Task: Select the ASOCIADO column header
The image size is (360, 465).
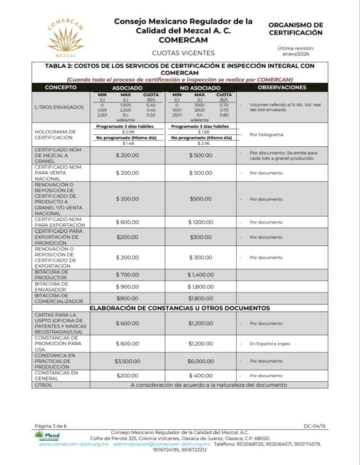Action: coord(127,88)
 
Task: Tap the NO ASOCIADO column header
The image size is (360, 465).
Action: coord(200,88)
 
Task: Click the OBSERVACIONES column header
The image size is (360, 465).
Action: coord(282,87)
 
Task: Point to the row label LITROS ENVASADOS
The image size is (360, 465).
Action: coord(60,108)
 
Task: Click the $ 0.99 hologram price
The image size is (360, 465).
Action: coord(128,132)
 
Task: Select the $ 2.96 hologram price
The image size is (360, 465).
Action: coord(200,143)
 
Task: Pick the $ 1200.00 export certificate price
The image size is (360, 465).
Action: coord(200,222)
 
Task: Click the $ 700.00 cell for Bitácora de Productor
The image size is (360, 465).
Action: coord(127,275)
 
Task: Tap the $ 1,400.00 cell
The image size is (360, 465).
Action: coord(200,275)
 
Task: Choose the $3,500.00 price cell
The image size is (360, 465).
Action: coord(127,361)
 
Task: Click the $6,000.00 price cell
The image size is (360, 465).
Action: coord(200,361)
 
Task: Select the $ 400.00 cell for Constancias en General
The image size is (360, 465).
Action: coord(200,376)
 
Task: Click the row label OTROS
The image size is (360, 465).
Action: coord(43,385)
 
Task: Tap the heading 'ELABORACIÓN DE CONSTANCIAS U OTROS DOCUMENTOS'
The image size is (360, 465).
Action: coord(180,308)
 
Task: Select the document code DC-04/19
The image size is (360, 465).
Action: coord(315,426)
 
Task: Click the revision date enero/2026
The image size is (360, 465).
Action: coord(295,54)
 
